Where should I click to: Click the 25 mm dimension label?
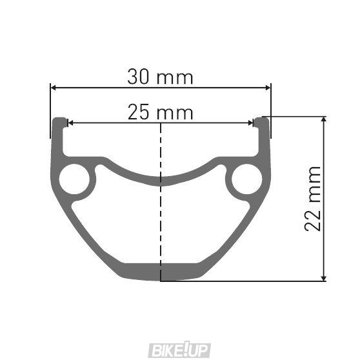click(161, 112)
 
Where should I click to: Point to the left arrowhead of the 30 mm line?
click(54, 87)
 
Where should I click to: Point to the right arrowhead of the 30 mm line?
click(267, 87)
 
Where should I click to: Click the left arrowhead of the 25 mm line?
click(70, 123)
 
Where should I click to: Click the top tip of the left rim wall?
click(59, 121)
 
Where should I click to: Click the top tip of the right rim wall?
click(261, 121)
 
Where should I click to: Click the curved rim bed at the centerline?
click(160, 179)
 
